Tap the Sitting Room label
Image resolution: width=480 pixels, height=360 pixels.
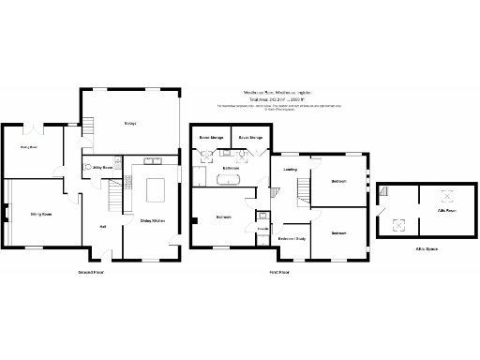pos(39,215)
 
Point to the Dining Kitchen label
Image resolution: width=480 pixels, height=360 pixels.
pos(153,220)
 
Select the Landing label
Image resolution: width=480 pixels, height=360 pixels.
pos(291,170)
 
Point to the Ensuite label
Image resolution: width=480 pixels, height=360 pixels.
pos(263,228)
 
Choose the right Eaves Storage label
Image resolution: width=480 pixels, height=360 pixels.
pos(250,138)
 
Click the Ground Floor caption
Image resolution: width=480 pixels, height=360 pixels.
pos(90,272)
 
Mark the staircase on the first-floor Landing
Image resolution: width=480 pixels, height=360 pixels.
pos(303,193)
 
